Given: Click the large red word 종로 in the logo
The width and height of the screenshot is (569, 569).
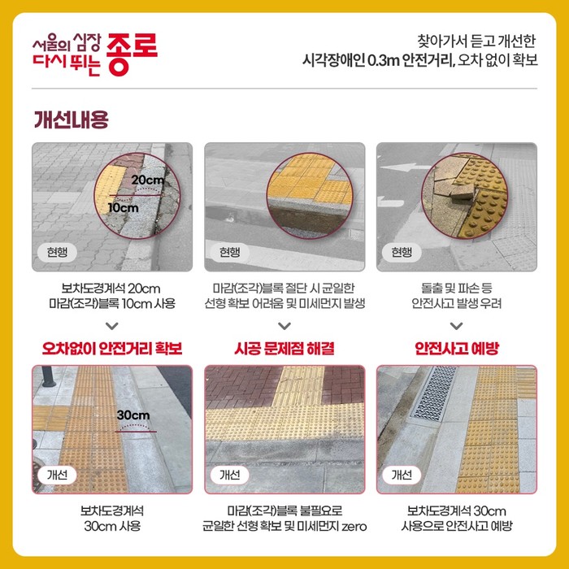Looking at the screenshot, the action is [x=132, y=54].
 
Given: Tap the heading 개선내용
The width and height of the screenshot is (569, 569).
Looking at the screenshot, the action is [x=72, y=119].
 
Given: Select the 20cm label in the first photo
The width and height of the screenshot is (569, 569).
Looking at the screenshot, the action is [x=148, y=180].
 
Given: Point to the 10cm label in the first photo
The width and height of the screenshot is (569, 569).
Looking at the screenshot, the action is [x=124, y=208].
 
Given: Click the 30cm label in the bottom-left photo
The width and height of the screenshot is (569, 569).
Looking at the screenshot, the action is [x=133, y=415].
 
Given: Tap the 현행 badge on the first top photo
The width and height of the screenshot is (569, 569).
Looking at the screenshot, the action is [x=57, y=252].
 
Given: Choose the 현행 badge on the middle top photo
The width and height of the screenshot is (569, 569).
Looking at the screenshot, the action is [x=229, y=252].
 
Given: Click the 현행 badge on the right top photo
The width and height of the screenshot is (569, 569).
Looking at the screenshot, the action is [x=402, y=252].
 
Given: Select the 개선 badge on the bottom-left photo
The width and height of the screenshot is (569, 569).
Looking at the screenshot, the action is [x=57, y=475].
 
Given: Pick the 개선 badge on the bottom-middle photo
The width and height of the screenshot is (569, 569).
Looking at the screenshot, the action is [x=229, y=475].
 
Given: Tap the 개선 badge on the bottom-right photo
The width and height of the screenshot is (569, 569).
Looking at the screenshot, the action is [x=402, y=475].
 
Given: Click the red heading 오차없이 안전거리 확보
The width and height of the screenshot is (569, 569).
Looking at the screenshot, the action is [x=112, y=349].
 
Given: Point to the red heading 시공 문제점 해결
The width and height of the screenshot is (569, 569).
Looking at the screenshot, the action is [x=284, y=349].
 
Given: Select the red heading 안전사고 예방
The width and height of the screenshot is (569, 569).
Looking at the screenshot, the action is [x=457, y=349].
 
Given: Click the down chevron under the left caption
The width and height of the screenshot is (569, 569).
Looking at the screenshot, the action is [x=112, y=326].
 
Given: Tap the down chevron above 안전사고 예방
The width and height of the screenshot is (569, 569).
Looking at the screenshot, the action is [x=457, y=326].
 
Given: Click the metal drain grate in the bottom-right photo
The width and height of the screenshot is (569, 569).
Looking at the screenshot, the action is [x=433, y=393].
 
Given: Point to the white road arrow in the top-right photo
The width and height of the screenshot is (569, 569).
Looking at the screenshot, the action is [x=402, y=167].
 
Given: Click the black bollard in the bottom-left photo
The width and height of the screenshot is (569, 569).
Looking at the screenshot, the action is [x=48, y=376].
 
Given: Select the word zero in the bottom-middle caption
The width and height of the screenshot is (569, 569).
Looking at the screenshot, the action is [x=354, y=526].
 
